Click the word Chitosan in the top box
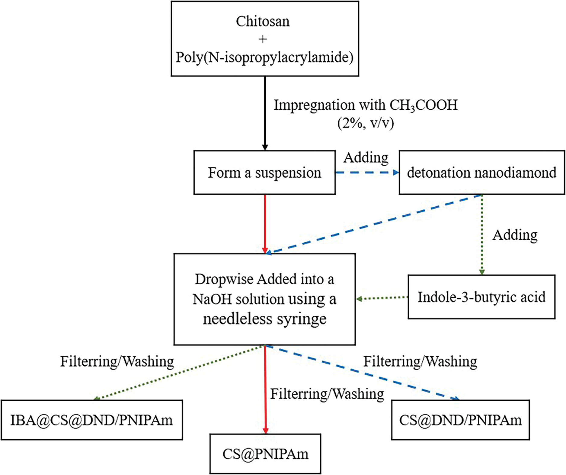(x=263, y=21)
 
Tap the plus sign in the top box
(x=263, y=39)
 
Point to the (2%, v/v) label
(x=366, y=123)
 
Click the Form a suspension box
(x=264, y=173)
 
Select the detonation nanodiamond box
(x=481, y=173)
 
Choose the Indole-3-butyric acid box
(x=481, y=297)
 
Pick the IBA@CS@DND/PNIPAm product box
(x=92, y=420)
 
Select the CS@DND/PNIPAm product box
(x=460, y=420)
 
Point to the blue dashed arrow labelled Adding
(x=367, y=173)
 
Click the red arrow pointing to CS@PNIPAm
(x=265, y=390)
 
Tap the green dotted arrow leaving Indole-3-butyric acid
(x=382, y=298)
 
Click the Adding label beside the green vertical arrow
(x=515, y=235)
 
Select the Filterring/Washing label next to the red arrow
(x=327, y=394)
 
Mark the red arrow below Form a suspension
(x=265, y=224)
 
